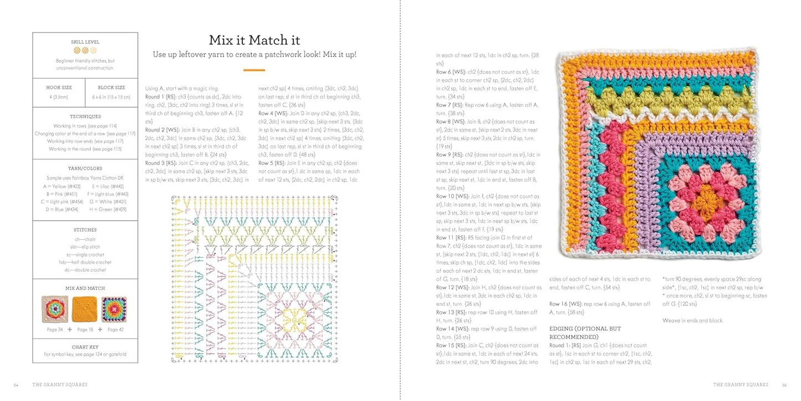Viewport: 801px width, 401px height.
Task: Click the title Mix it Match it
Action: pos(254,40)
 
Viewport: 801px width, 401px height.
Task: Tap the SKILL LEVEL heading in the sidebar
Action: pos(85,42)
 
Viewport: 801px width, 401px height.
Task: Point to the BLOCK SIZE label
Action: pos(111,88)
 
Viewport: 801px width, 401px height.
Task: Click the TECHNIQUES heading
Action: pos(85,116)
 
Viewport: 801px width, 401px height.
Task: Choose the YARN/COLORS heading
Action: pos(85,168)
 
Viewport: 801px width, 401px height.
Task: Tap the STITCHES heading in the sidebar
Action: pos(85,230)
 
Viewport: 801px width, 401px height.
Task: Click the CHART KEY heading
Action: pos(85,347)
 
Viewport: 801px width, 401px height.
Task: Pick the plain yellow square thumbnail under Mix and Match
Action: pos(85,309)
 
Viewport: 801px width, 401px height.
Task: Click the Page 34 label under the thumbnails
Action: pos(55,329)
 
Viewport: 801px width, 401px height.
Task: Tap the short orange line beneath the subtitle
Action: pos(254,70)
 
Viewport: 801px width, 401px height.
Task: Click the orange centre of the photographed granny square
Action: pos(704,201)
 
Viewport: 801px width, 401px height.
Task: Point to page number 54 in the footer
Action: pos(16,384)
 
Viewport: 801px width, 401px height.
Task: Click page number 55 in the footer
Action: pos(784,384)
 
